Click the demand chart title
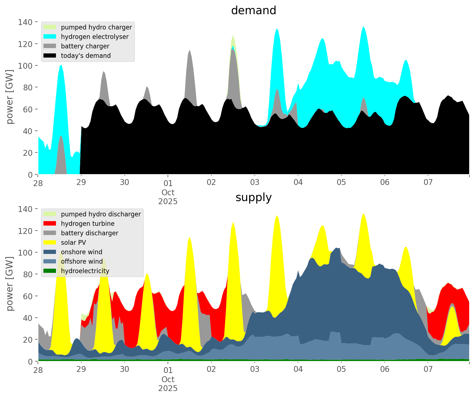coord(253,11)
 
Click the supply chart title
coord(253,197)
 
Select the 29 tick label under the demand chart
coord(81,183)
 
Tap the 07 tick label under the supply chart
coord(428,370)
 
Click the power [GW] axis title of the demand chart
coord(10,97)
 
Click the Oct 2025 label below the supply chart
coord(168,384)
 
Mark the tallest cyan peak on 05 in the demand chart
coord(363,27)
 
